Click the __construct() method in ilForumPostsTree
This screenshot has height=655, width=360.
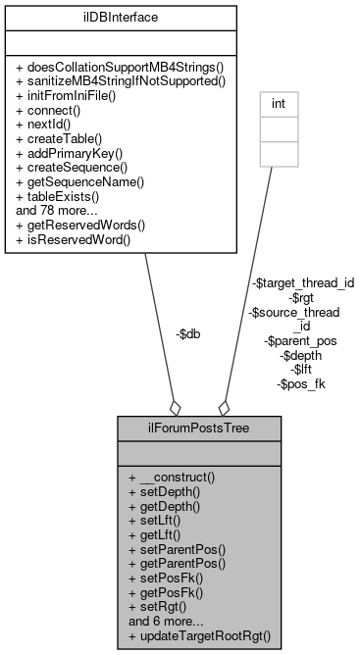tap(171, 477)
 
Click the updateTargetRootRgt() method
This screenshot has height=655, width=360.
tap(199, 635)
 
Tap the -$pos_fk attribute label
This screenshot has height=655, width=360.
tap(300, 383)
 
